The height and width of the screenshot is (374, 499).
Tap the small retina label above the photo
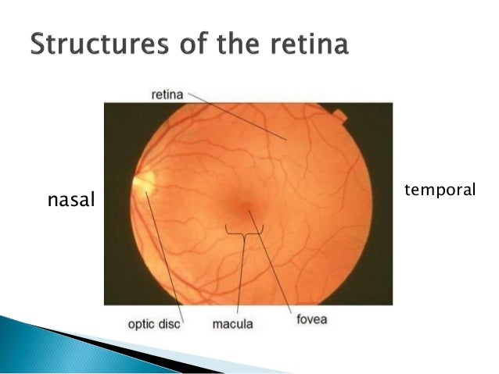tap(167, 94)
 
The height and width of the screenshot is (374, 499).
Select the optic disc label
tap(154, 322)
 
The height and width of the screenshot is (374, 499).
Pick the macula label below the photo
tap(233, 322)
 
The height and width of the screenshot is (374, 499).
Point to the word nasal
tap(70, 201)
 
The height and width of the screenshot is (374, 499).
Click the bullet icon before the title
tap(16, 45)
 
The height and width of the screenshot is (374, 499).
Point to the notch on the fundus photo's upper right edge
tap(339, 116)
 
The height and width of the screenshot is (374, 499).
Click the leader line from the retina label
tap(235, 117)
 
